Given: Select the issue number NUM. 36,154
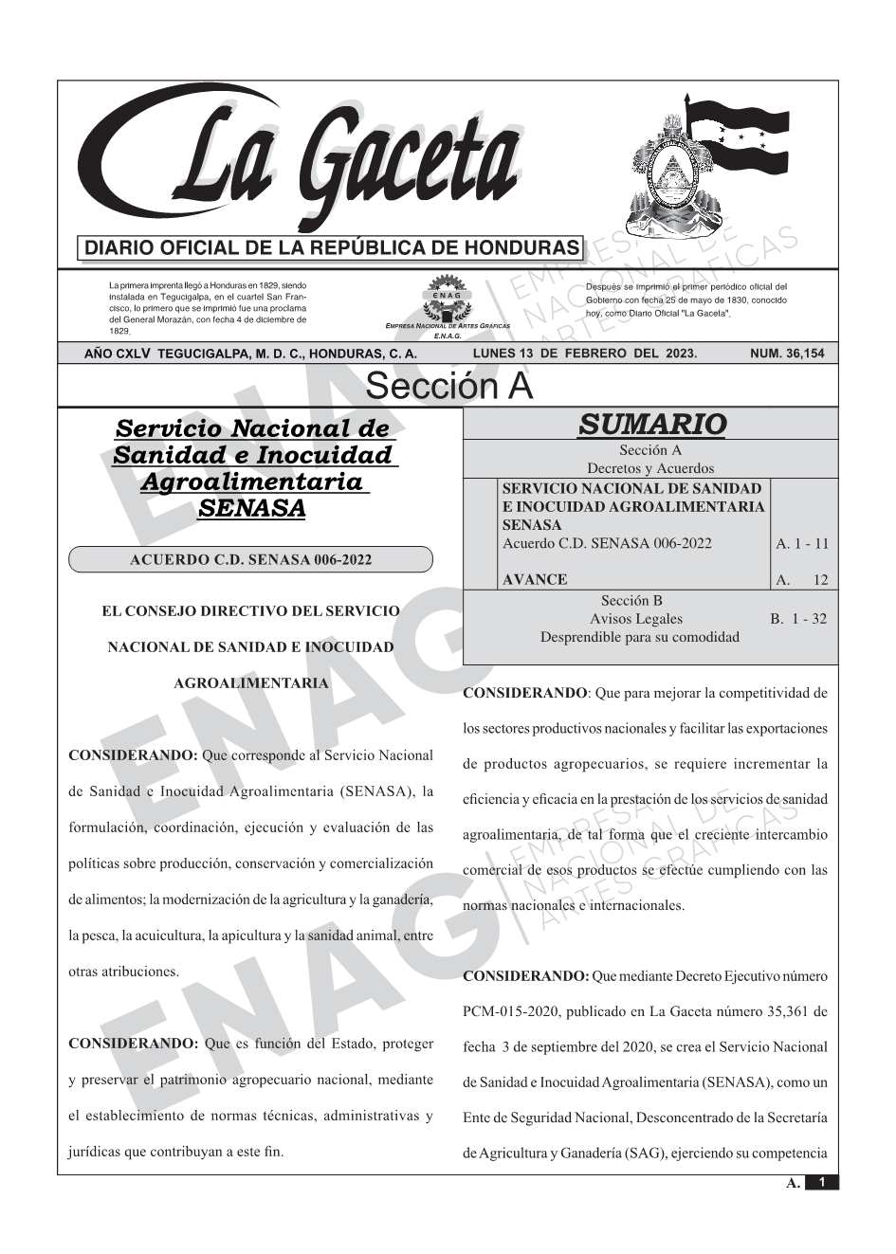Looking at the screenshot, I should [787, 354].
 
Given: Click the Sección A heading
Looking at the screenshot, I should [448, 387].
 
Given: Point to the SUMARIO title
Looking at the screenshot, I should [651, 425].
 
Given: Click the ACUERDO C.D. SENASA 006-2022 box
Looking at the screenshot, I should [250, 559].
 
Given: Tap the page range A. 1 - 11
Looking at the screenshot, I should [801, 543].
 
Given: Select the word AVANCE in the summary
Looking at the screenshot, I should [535, 579].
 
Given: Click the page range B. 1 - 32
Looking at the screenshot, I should [797, 619].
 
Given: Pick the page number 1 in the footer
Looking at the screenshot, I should [822, 1182].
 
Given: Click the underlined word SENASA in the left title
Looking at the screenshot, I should [250, 508].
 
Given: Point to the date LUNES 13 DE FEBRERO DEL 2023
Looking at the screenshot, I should [584, 354].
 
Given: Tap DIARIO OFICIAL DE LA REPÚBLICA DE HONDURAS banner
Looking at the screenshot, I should [332, 248].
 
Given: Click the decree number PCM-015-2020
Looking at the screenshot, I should [508, 1011].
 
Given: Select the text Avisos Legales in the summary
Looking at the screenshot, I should [636, 619].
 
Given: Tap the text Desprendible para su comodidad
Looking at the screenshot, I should [639, 637].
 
